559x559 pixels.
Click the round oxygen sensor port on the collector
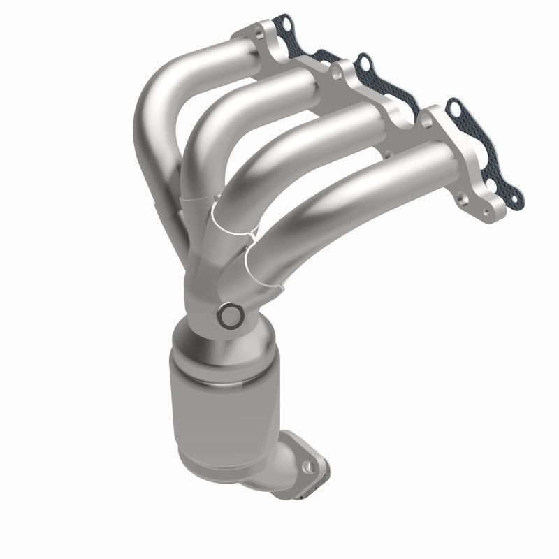228,317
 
